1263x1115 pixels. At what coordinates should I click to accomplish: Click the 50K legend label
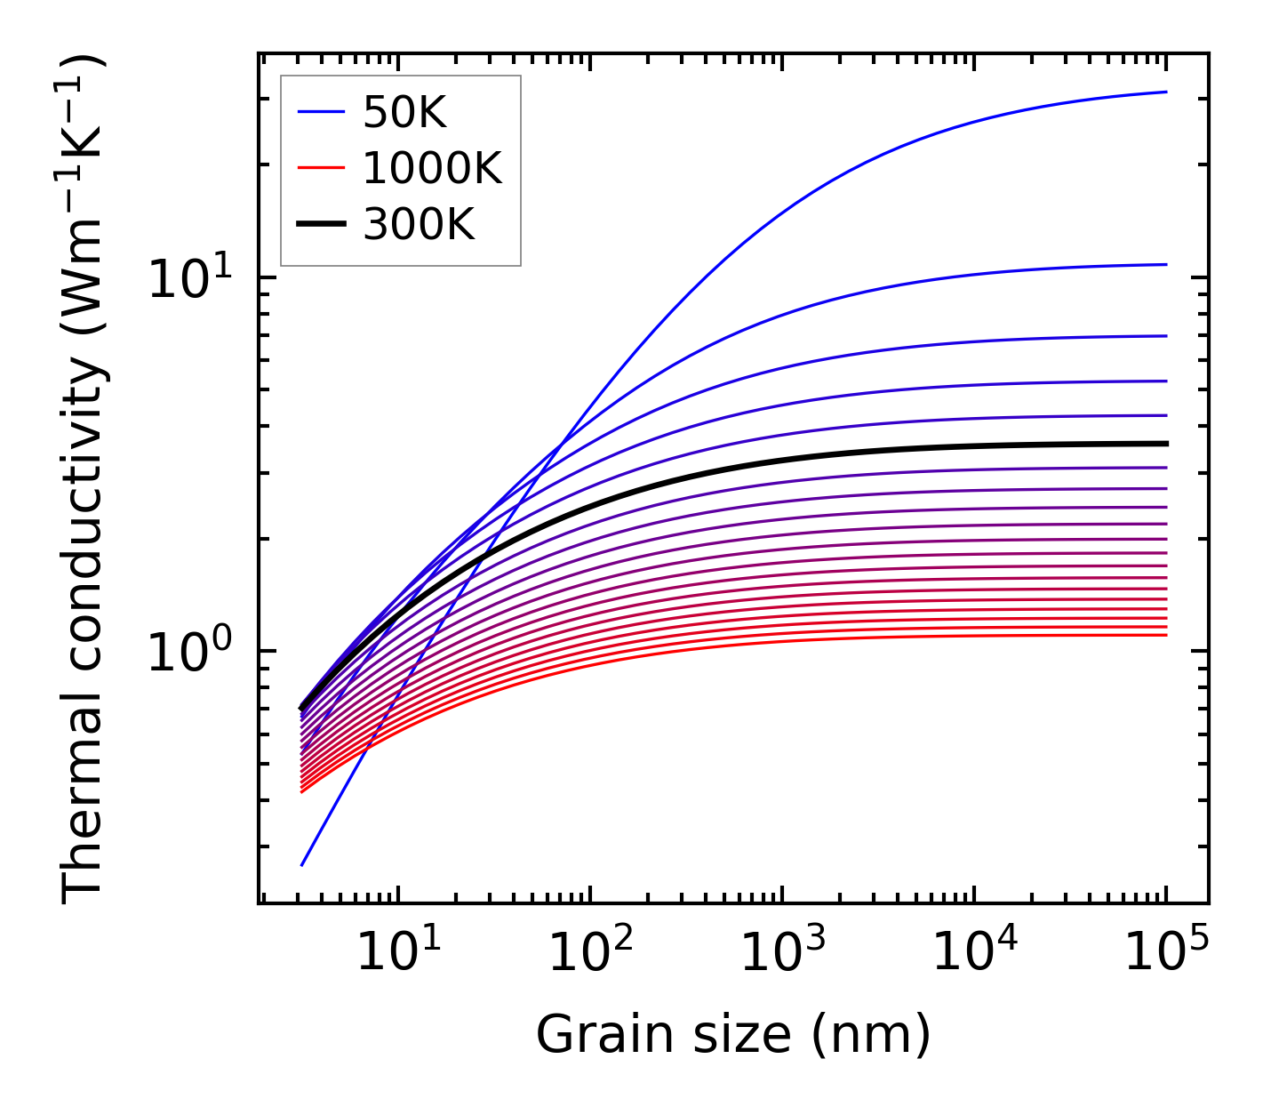(x=404, y=112)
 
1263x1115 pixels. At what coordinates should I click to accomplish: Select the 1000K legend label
(x=432, y=168)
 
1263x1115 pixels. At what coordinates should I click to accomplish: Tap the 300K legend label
(x=419, y=225)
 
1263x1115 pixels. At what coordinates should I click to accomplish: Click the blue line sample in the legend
(x=320, y=112)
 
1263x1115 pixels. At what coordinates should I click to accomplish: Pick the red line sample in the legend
(x=320, y=168)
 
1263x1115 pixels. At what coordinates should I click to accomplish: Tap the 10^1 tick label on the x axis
(x=397, y=953)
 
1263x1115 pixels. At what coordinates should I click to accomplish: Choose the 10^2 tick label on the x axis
(x=589, y=953)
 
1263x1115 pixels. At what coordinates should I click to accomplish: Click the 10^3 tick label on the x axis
(x=781, y=953)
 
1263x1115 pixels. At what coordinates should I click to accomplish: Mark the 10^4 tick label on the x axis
(x=973, y=953)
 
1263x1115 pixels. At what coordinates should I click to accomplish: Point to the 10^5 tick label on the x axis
(x=1165, y=953)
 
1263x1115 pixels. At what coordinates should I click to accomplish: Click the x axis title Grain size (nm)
(x=733, y=1035)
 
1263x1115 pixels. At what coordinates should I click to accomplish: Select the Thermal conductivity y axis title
(x=84, y=478)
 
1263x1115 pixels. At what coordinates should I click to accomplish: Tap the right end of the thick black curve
(x=1165, y=443)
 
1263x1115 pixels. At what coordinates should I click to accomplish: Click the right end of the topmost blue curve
(x=1165, y=92)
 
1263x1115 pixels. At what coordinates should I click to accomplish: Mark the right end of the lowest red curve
(x=1165, y=634)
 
